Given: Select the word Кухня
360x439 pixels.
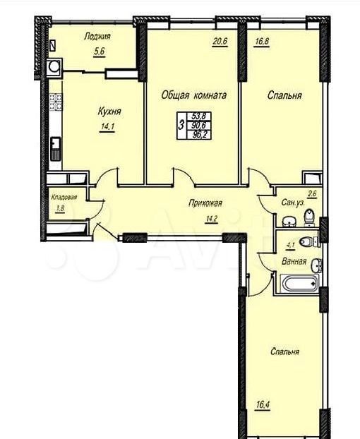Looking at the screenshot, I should pyautogui.click(x=109, y=112).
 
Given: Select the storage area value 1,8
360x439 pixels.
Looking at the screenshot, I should pyautogui.click(x=60, y=209).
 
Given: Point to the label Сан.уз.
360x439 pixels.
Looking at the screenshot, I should pyautogui.click(x=292, y=202).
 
